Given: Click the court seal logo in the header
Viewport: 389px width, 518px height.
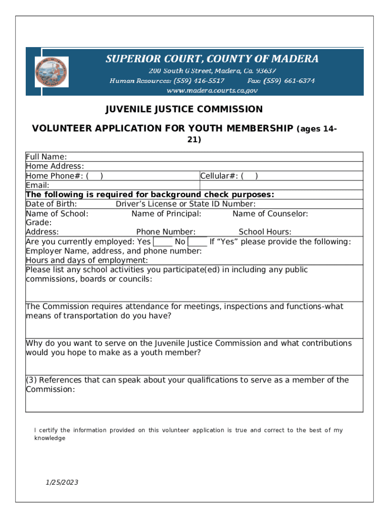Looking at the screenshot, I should pos(51,72).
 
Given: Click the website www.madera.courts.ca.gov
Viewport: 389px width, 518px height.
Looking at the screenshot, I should pos(212,90).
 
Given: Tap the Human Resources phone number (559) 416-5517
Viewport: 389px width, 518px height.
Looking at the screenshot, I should pos(199,80).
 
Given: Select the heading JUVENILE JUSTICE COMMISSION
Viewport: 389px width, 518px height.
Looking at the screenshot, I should pos(184,109).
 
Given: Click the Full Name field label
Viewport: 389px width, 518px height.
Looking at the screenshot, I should pos(46,157).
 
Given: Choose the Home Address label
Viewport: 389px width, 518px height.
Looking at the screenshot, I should pos(55,166).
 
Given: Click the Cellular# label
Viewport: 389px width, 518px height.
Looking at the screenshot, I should pos(219,176).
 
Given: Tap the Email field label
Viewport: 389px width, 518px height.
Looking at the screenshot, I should pos(37,186).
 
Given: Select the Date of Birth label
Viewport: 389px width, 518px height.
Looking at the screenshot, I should pos(51,204).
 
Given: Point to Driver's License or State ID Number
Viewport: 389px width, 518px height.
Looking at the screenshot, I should pos(185,204).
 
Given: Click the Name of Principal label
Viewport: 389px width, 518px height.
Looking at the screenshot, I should pos(166,213).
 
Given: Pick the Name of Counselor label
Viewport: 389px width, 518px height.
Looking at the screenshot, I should pos(270,213).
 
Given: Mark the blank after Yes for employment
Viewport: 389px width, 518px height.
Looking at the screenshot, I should pos(162,242).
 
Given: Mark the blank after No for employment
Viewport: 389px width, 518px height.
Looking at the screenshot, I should pos(197,242).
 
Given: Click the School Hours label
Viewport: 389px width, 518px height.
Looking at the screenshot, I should pos(265,232).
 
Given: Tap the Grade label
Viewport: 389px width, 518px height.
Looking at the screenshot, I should pos(38,223).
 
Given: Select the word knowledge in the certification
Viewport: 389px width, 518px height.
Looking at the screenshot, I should pos(50,438).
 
